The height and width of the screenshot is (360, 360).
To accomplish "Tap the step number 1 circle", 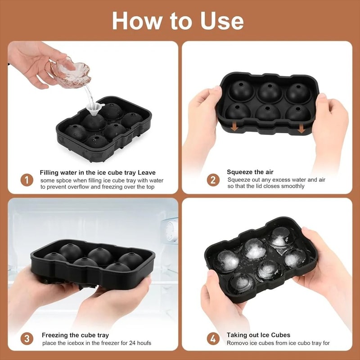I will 27,180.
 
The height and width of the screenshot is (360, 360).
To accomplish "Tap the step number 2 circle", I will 213,180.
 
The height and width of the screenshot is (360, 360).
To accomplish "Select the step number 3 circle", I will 27,339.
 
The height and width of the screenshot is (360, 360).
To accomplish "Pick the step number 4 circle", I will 213,339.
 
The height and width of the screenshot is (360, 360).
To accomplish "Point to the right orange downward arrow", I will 301,129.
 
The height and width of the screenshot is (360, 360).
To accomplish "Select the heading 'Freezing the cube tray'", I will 75,335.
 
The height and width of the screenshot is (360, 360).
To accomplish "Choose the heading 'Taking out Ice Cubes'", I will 258,335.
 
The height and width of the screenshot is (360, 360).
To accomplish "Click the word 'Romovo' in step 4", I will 237,343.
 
